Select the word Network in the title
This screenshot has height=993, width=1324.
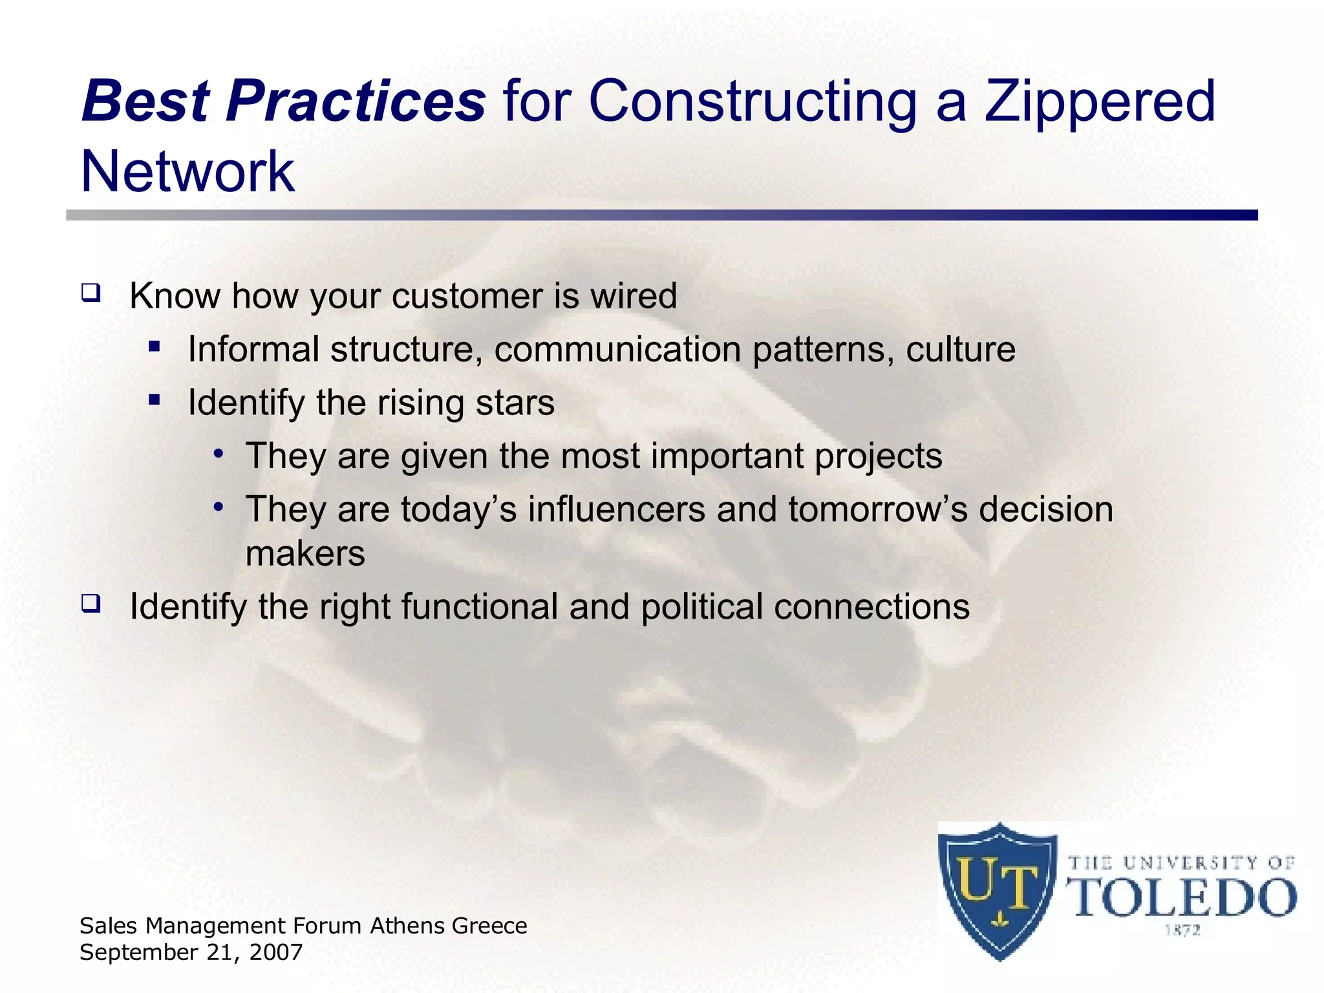pos(187,172)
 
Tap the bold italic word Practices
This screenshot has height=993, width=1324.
pos(355,101)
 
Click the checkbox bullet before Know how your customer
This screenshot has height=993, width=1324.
pos(91,294)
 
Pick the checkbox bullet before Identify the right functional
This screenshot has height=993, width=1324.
pos(91,604)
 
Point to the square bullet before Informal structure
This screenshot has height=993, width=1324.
pos(154,347)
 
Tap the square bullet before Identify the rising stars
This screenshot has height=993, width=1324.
pos(154,400)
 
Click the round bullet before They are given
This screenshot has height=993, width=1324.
pos(219,453)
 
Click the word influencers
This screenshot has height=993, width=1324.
pos(616,509)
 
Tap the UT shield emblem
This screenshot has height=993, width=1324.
pos(999,891)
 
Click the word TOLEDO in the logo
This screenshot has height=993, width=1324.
pos(1184,899)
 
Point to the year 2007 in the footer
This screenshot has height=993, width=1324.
pos(278,952)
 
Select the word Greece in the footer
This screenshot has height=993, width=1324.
pos(489,926)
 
